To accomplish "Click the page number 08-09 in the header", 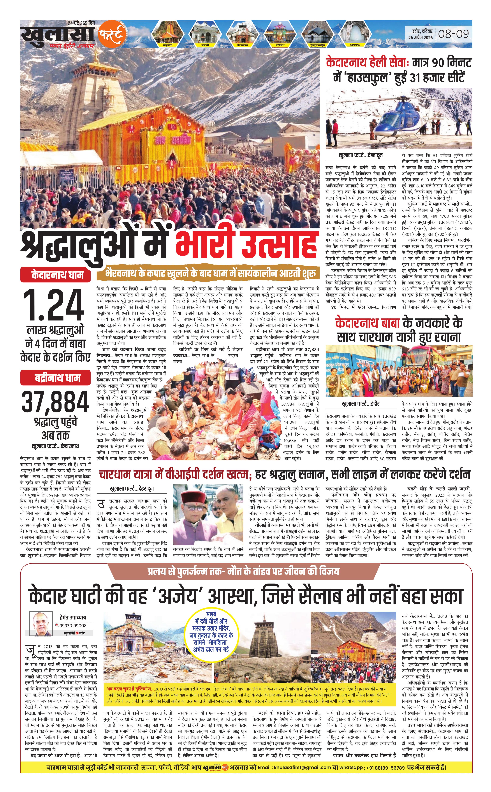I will pos(454,34).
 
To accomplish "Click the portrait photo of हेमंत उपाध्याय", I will pos(41,623).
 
